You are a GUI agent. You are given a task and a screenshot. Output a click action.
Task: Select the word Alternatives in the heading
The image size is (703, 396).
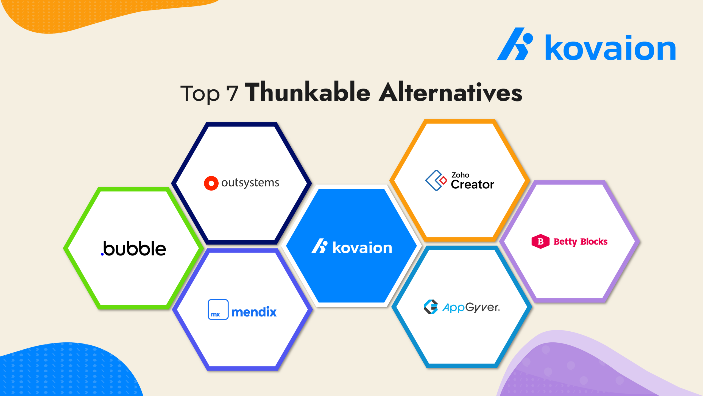click(451, 92)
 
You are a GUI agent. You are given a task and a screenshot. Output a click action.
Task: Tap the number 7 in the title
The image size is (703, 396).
click(232, 94)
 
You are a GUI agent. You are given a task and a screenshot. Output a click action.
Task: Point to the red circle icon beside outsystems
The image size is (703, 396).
click(211, 183)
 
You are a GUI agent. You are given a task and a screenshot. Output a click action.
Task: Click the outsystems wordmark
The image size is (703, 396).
click(250, 183)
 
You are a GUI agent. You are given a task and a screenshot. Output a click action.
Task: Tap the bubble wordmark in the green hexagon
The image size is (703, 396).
click(135, 249)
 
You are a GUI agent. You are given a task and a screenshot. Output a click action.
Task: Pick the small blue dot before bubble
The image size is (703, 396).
click(102, 254)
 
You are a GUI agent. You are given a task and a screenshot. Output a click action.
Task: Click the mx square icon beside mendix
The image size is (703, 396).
click(218, 309)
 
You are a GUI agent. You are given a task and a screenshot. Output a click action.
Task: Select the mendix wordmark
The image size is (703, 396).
click(254, 312)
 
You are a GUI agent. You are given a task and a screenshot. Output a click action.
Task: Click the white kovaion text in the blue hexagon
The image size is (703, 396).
click(362, 248)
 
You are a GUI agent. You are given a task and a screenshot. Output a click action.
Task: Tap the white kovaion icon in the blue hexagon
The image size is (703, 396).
click(319, 246)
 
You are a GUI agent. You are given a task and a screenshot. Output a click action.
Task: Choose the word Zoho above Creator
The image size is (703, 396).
click(460, 175)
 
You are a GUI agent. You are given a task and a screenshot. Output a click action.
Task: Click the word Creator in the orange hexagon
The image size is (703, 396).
click(472, 185)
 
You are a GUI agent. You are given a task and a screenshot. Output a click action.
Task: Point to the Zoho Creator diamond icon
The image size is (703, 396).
click(436, 180)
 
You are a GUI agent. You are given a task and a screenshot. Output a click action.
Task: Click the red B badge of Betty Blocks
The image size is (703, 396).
click(540, 241)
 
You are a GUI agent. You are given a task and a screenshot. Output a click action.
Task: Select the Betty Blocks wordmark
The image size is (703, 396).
click(580, 242)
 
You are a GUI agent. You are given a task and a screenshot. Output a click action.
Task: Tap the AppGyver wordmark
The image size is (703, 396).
click(471, 308)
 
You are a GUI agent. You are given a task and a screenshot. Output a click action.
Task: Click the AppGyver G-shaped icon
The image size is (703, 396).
click(431, 307)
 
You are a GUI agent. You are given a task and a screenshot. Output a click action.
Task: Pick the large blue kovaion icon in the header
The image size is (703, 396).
click(515, 44)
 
